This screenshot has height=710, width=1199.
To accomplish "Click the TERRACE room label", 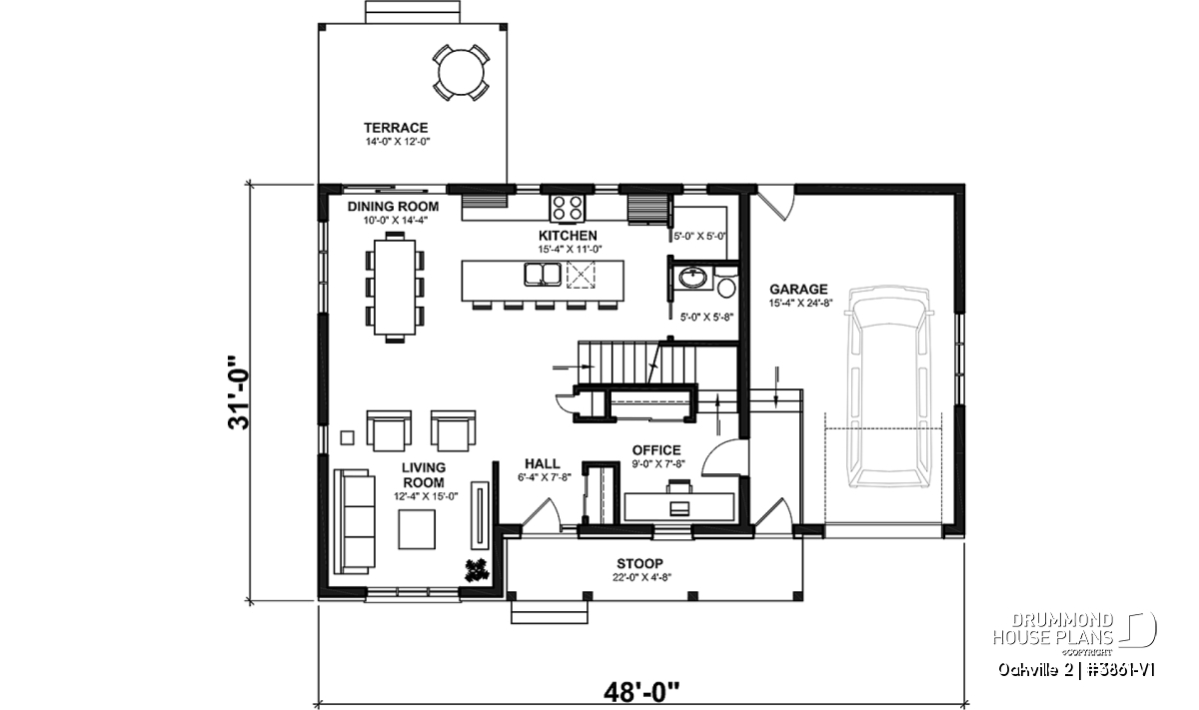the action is (396, 128).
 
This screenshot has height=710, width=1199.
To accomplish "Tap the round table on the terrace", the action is (461, 72).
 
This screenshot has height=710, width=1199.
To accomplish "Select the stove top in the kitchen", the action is (568, 208).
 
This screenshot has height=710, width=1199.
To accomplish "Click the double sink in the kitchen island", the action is (543, 275).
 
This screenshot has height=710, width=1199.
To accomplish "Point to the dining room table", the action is (395, 288).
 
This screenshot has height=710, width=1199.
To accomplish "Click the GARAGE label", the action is (798, 289).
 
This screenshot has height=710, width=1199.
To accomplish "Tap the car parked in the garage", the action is (889, 386).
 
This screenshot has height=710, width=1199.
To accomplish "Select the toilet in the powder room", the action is (726, 284).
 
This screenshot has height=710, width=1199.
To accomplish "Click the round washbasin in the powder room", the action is (693, 279).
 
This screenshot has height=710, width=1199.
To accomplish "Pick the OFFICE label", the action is (656, 450).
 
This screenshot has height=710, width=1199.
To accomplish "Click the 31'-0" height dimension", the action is (239, 392).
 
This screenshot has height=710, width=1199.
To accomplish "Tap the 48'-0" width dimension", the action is (641, 692).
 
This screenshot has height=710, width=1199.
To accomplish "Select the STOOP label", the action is (639, 563).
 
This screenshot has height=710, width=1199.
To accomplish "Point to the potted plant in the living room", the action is (477, 570).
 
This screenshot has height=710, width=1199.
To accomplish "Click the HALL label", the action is (543, 463).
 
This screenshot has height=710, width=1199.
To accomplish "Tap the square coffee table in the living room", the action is (417, 529).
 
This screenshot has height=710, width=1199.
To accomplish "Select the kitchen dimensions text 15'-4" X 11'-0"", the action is (571, 249).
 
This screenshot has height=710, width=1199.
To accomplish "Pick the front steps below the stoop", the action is (550, 612).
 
